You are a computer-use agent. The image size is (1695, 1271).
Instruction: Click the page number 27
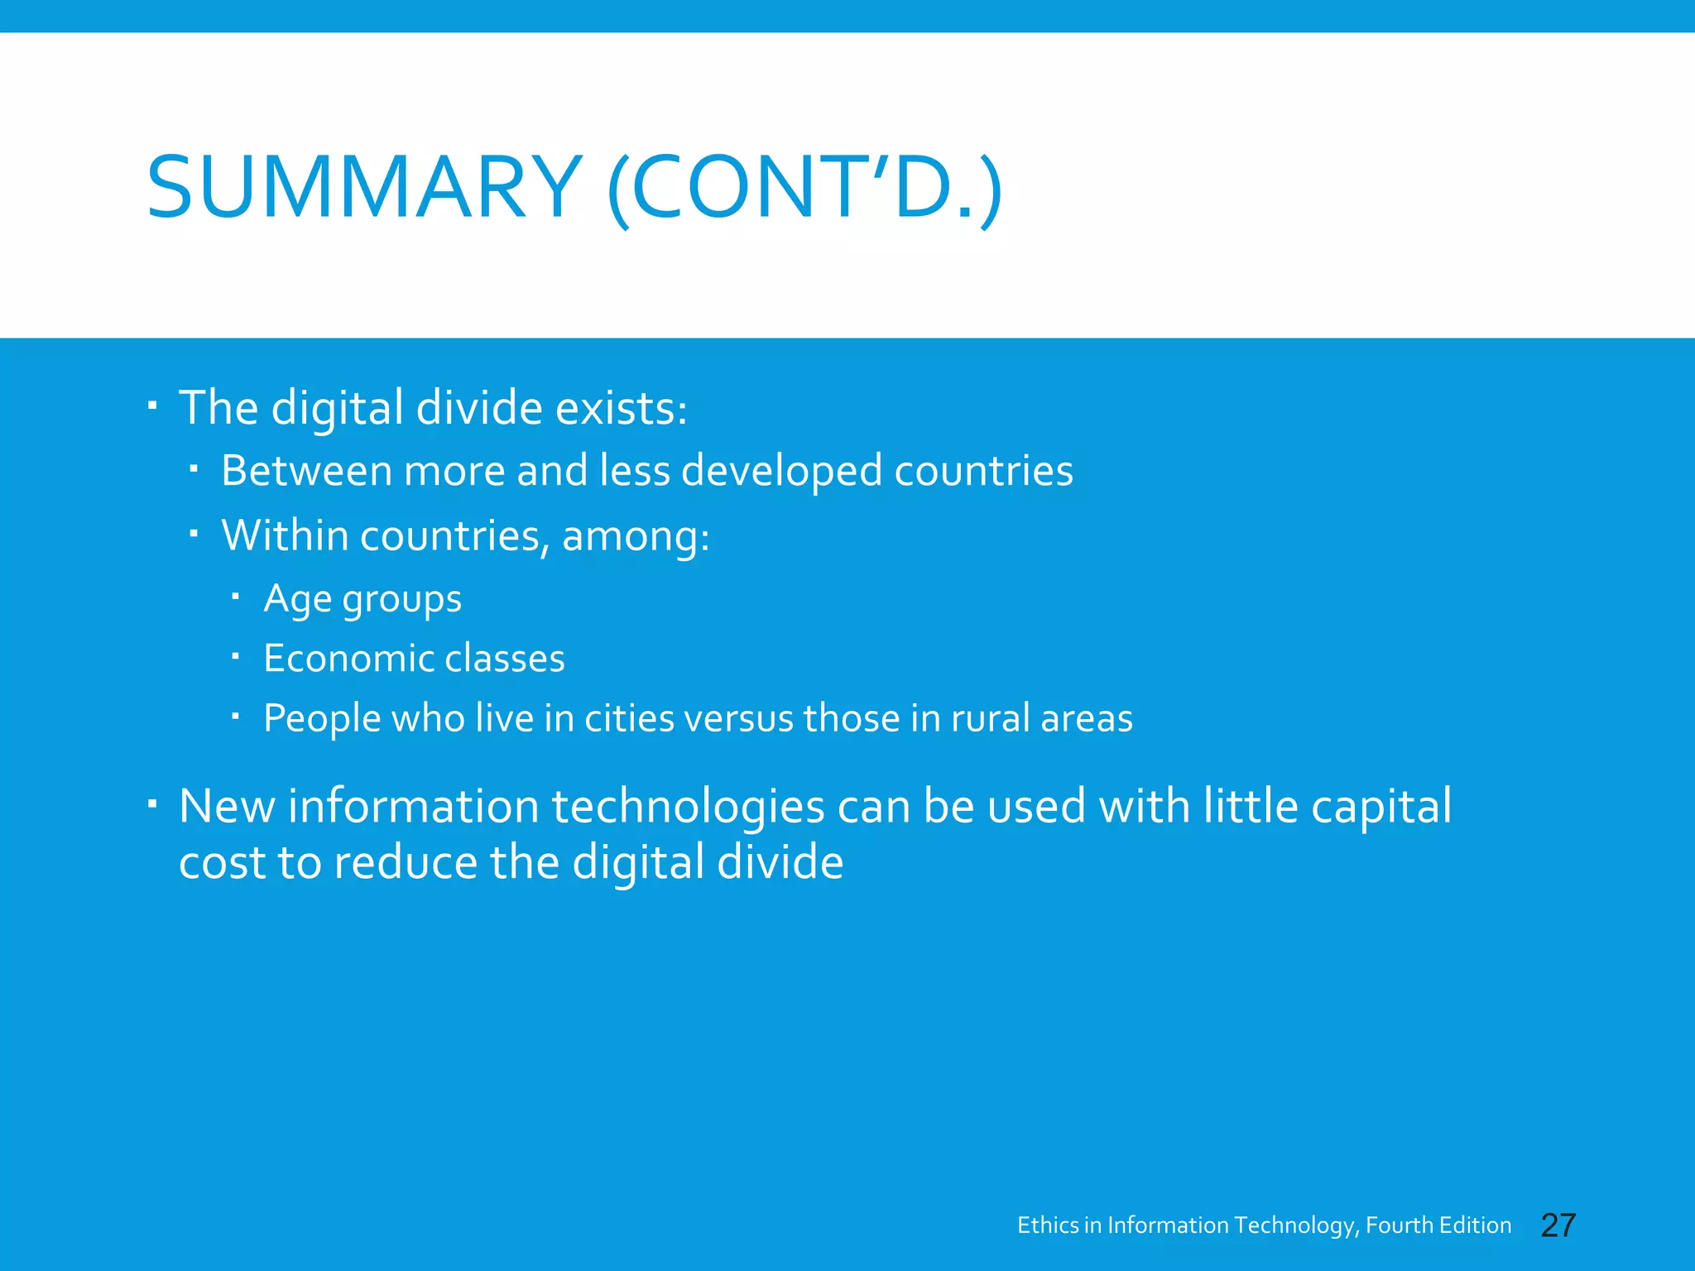click(1558, 1225)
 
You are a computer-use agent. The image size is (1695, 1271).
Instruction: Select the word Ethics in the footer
click(1048, 1225)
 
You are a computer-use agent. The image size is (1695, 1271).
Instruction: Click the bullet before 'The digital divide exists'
click(152, 406)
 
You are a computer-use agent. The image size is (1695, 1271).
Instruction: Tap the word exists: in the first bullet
click(621, 408)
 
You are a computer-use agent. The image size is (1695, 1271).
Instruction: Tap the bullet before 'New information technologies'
click(152, 804)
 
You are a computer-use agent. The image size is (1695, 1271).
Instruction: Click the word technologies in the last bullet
click(688, 808)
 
